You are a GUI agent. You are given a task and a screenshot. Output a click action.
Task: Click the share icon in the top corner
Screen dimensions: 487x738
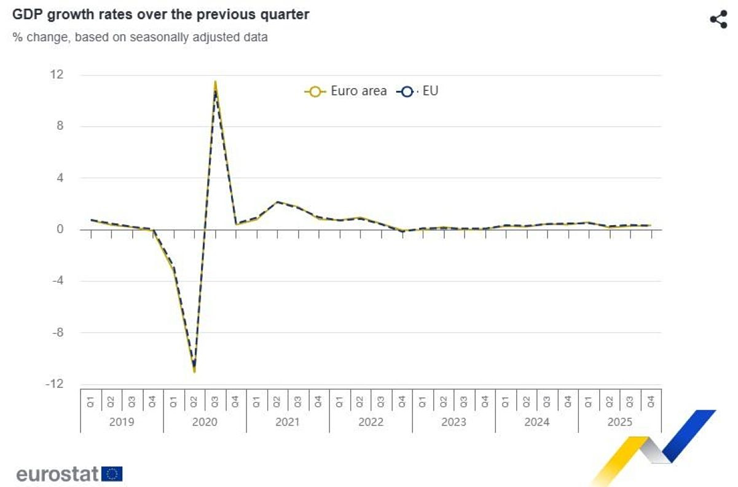click(x=718, y=19)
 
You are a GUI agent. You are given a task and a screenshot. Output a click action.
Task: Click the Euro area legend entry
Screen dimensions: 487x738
click(x=346, y=92)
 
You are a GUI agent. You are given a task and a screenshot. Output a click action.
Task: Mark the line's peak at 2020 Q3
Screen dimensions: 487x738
click(x=215, y=82)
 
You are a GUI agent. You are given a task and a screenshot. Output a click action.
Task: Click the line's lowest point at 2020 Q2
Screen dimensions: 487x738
click(x=194, y=371)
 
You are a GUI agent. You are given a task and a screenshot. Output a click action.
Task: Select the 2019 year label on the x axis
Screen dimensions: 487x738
click(x=122, y=422)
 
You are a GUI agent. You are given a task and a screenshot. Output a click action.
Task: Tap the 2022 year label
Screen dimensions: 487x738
click(x=371, y=422)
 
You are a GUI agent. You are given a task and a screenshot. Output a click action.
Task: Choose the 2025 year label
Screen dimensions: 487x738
click(x=619, y=422)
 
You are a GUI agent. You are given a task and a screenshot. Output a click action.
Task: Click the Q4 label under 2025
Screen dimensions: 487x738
click(x=651, y=402)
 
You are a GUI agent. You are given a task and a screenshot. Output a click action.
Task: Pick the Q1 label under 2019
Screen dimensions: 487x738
click(x=90, y=402)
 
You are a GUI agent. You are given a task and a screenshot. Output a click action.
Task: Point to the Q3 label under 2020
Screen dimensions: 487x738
click(x=215, y=402)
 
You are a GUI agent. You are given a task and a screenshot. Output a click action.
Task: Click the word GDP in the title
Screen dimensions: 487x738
click(x=26, y=14)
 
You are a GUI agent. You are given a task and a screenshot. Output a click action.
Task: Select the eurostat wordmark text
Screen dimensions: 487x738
click(x=57, y=474)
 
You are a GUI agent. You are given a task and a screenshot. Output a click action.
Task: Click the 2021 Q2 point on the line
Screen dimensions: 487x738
click(x=277, y=202)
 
